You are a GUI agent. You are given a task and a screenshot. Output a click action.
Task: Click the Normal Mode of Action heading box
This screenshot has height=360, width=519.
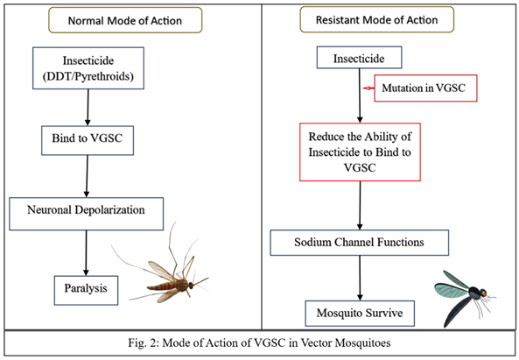click(125, 20)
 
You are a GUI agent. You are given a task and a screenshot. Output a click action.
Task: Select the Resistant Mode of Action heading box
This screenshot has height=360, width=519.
click(376, 20)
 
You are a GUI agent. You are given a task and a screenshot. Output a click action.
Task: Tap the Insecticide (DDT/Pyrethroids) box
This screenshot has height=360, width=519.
click(88, 68)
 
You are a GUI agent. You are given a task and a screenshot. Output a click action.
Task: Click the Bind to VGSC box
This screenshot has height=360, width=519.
click(88, 140)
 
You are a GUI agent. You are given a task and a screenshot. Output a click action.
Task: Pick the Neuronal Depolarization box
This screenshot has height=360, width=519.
click(86, 214)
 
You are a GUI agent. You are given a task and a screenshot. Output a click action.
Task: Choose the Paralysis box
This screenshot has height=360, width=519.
click(86, 290)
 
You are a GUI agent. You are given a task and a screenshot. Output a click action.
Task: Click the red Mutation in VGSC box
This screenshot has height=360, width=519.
click(425, 88)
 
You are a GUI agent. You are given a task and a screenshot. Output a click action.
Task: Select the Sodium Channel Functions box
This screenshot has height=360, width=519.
click(359, 243)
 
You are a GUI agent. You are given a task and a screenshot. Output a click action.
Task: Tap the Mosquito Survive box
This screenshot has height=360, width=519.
click(360, 314)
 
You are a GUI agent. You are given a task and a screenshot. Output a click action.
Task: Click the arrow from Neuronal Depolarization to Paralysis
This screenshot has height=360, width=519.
click(86, 253)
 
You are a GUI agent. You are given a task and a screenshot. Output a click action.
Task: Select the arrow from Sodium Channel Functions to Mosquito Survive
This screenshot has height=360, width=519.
click(360, 279)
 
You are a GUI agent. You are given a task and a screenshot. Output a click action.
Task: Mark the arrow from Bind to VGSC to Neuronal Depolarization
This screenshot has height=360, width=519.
click(87, 176)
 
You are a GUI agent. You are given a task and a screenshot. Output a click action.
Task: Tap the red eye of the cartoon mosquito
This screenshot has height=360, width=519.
click(484, 293)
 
